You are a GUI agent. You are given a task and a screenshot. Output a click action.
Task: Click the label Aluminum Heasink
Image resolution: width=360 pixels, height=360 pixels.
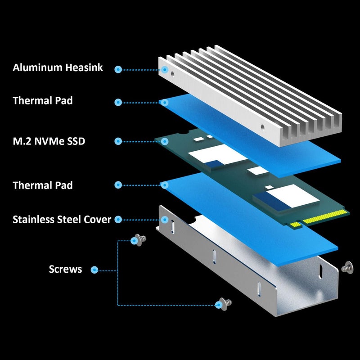pyautogui.click(x=58, y=67)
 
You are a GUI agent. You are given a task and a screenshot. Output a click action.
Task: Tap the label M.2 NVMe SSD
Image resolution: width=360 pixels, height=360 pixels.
pyautogui.click(x=49, y=141)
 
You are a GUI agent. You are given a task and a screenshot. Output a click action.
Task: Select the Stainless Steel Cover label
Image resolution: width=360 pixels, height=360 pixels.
pyautogui.click(x=62, y=220)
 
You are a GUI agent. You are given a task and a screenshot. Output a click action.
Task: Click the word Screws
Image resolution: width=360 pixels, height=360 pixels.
pyautogui.click(x=65, y=269)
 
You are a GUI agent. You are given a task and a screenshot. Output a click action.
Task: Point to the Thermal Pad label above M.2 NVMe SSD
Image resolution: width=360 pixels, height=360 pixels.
pyautogui.click(x=43, y=101)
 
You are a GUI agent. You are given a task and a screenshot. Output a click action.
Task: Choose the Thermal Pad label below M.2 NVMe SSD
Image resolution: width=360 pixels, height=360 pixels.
pyautogui.click(x=43, y=185)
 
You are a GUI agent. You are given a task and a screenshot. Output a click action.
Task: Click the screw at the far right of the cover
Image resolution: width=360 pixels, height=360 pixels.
pyautogui.click(x=347, y=268)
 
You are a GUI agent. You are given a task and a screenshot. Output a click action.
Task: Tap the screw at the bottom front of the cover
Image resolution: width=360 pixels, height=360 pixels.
pyautogui.click(x=225, y=304)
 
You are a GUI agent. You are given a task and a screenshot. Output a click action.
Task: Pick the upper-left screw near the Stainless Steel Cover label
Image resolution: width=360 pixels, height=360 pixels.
pyautogui.click(x=140, y=240)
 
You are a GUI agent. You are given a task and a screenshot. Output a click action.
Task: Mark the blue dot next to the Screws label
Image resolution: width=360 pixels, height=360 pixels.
pyautogui.click(x=94, y=270)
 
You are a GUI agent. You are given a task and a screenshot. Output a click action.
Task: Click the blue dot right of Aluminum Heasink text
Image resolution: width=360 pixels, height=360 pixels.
pyautogui.click(x=118, y=70)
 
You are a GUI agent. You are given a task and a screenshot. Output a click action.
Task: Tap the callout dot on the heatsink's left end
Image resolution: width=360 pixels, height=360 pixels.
pyautogui.click(x=165, y=70)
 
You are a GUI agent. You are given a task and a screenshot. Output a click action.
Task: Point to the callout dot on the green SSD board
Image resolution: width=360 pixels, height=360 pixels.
pyautogui.click(x=165, y=141)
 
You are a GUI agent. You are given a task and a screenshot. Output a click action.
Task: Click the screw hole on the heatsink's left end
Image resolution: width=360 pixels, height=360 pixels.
pyautogui.click(x=172, y=74)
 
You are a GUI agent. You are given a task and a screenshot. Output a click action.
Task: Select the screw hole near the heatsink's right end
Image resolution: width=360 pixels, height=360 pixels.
pyautogui.click(x=262, y=127)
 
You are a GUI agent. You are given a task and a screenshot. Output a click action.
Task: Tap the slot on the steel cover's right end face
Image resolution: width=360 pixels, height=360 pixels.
pyautogui.click(x=320, y=272)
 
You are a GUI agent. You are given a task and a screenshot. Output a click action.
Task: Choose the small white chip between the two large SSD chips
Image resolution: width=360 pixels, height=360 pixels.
pyautogui.click(x=258, y=171)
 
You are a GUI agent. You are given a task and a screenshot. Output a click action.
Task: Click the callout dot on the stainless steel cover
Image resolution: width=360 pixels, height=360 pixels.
pyautogui.click(x=165, y=220)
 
